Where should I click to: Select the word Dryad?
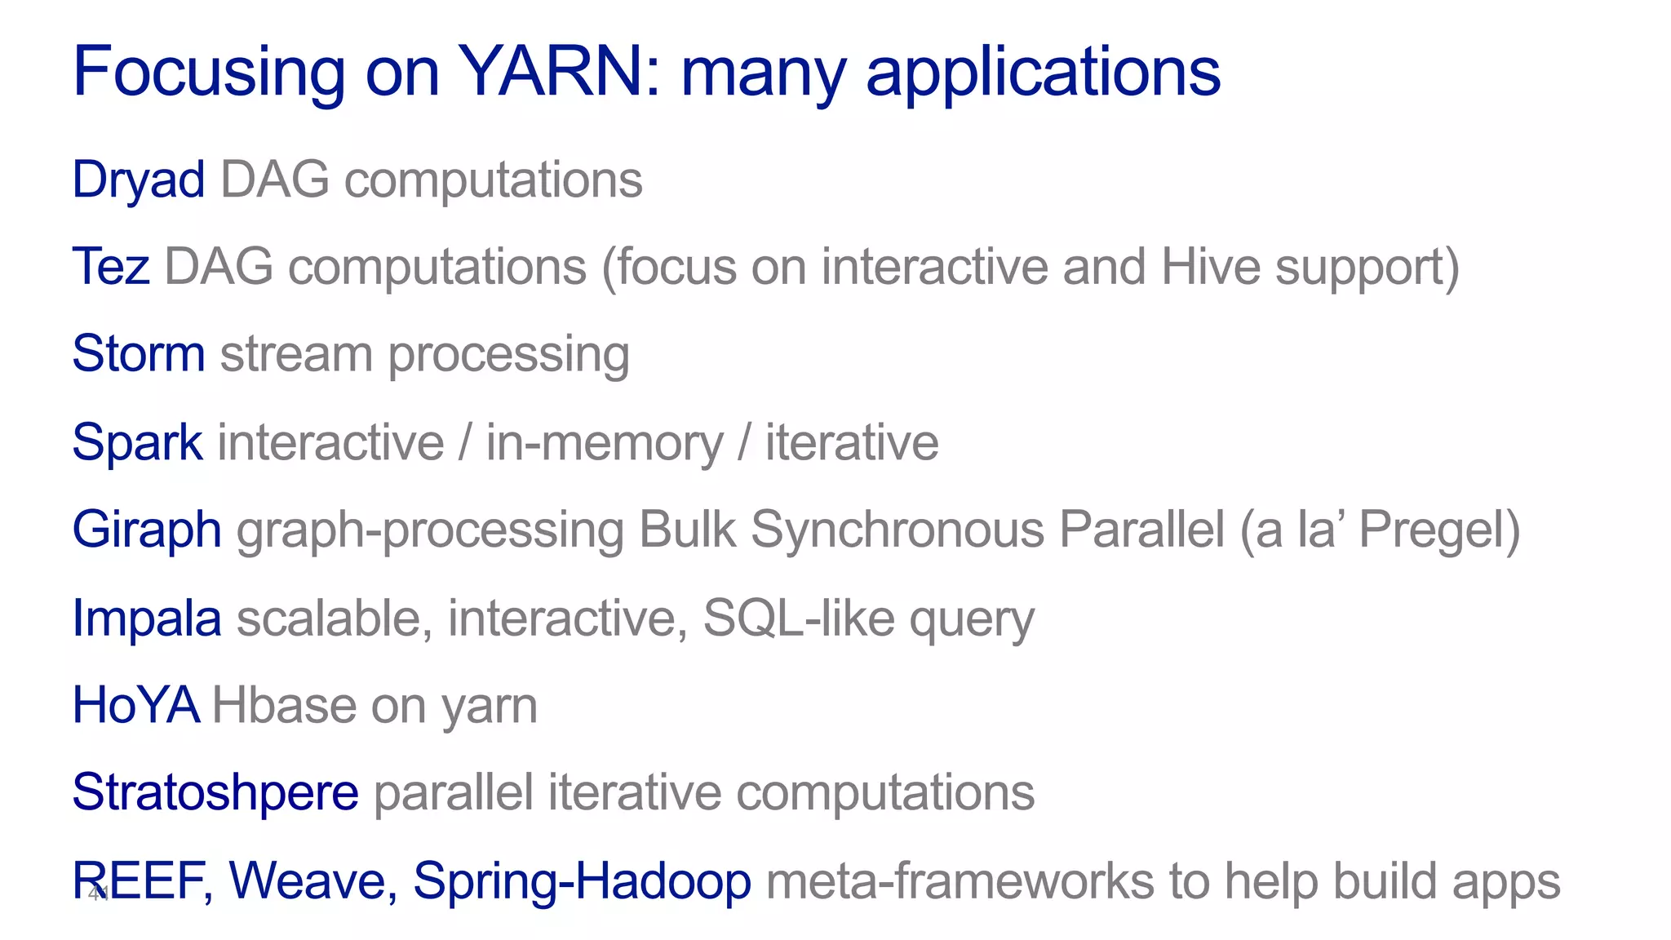pos(138,180)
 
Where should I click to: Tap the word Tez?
pos(111,267)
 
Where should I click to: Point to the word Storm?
pos(138,354)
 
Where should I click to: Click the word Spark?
pos(137,442)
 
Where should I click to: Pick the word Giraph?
pos(147,530)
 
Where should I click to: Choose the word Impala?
pos(147,618)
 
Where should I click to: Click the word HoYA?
pos(135,705)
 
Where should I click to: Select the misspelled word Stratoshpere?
pos(215,792)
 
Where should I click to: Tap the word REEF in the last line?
pos(140,880)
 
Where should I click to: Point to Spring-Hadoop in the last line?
pos(582,880)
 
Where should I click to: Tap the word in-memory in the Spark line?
pos(605,442)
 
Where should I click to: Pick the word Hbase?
pos(284,705)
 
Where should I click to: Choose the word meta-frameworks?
pos(960,880)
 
